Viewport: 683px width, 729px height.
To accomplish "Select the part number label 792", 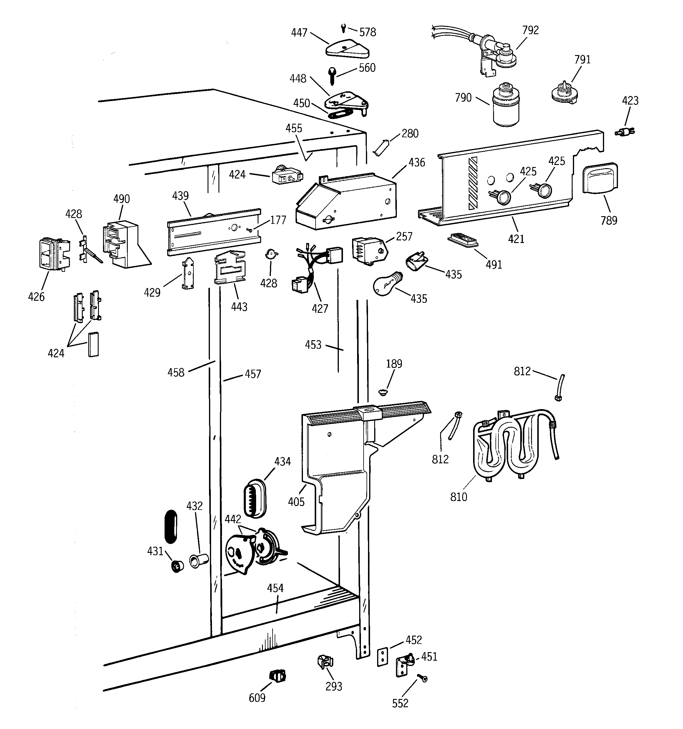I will coord(530,30).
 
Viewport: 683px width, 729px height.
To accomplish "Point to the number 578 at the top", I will coord(367,33).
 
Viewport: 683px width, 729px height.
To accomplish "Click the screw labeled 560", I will coord(332,75).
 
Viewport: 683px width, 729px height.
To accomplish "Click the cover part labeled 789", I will coord(600,178).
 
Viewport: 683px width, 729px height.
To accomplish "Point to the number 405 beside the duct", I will coord(296,502).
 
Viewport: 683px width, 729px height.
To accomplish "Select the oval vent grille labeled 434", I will coord(255,498).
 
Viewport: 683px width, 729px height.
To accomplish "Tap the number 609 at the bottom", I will coord(257,698).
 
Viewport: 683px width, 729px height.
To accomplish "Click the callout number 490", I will coord(121,199).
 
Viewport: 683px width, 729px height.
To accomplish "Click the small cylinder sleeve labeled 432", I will coord(199,560).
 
